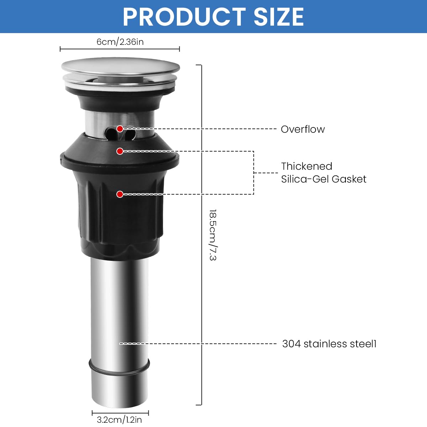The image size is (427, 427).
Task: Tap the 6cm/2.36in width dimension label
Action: [x=120, y=42]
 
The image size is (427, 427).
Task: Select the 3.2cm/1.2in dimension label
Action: [x=119, y=420]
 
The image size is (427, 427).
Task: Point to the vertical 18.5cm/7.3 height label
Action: [x=213, y=235]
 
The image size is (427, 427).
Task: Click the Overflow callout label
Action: [x=302, y=129]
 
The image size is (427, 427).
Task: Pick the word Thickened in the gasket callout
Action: [x=306, y=166]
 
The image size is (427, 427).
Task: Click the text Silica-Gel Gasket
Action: [x=323, y=179]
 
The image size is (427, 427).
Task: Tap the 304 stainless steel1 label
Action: [x=329, y=344]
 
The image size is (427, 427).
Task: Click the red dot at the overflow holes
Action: [x=120, y=128]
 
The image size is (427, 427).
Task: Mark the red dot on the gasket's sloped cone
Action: [x=120, y=151]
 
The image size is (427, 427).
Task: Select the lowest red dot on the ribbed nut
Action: [x=120, y=194]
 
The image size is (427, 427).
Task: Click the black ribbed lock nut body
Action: [x=121, y=221]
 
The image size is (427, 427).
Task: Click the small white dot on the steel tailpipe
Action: [x=120, y=344]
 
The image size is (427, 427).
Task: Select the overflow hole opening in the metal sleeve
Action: [x=111, y=134]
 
